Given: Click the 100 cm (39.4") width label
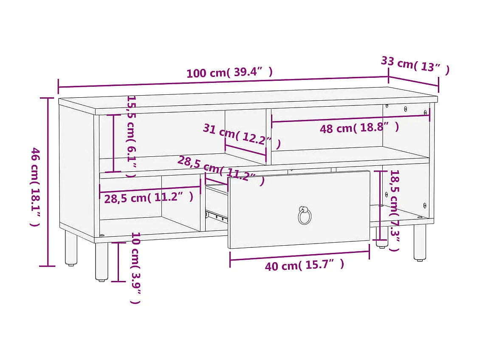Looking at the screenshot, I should (x=229, y=73).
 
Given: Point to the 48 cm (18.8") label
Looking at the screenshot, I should (x=359, y=128).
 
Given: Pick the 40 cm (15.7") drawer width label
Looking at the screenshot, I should (x=304, y=266).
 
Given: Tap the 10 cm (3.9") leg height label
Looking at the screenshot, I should (x=135, y=268).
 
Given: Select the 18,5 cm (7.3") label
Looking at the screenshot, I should (x=395, y=210).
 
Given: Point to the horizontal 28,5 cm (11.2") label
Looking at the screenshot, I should (x=149, y=198).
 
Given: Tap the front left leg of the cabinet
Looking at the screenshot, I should (x=102, y=261).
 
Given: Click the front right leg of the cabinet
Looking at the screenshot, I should (x=420, y=242).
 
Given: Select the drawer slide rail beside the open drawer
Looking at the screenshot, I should (x=217, y=215).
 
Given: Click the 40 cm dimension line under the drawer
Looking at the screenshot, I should (x=299, y=255).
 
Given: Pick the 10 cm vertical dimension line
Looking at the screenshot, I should (x=118, y=262).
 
